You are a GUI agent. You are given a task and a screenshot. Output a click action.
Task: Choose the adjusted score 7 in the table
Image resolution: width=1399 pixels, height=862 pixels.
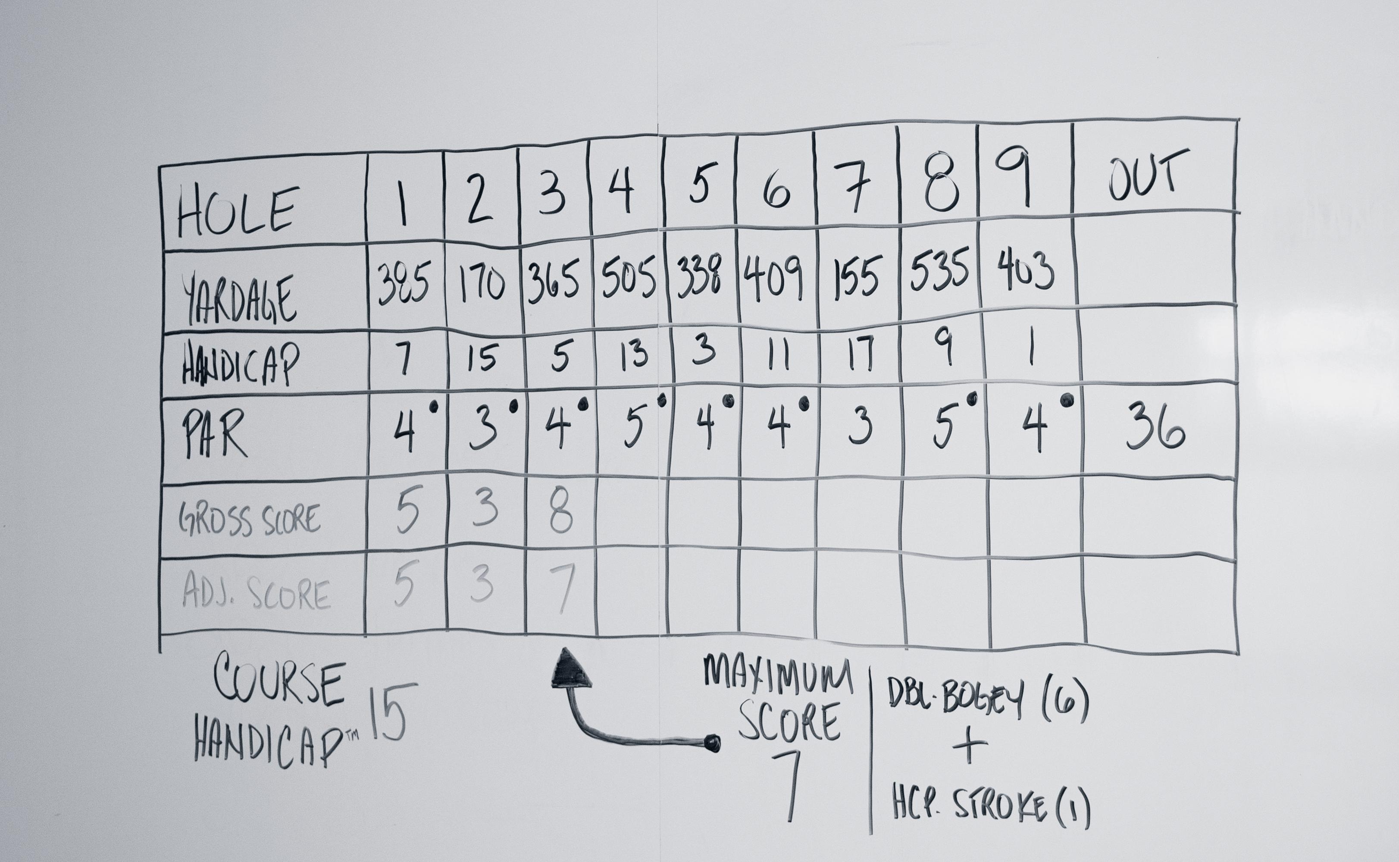(x=563, y=587)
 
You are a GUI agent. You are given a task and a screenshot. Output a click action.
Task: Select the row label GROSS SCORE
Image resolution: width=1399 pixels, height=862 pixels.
(x=249, y=520)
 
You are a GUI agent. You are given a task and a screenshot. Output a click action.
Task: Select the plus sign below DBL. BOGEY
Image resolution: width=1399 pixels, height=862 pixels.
(x=969, y=746)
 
